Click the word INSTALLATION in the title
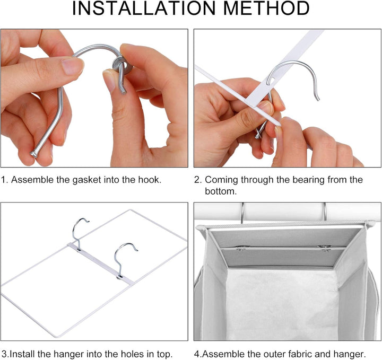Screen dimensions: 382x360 (x=144, y=8)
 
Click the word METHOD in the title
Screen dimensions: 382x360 (x=266, y=8)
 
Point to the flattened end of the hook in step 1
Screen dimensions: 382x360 (x=33, y=154)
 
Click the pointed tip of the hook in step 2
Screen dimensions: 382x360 (x=318, y=99)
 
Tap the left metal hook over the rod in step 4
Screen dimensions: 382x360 (x=242, y=213)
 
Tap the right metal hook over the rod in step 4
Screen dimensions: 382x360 (x=325, y=212)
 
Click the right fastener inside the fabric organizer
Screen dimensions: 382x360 (x=325, y=248)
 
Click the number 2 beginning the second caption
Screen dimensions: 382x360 (x=197, y=180)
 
